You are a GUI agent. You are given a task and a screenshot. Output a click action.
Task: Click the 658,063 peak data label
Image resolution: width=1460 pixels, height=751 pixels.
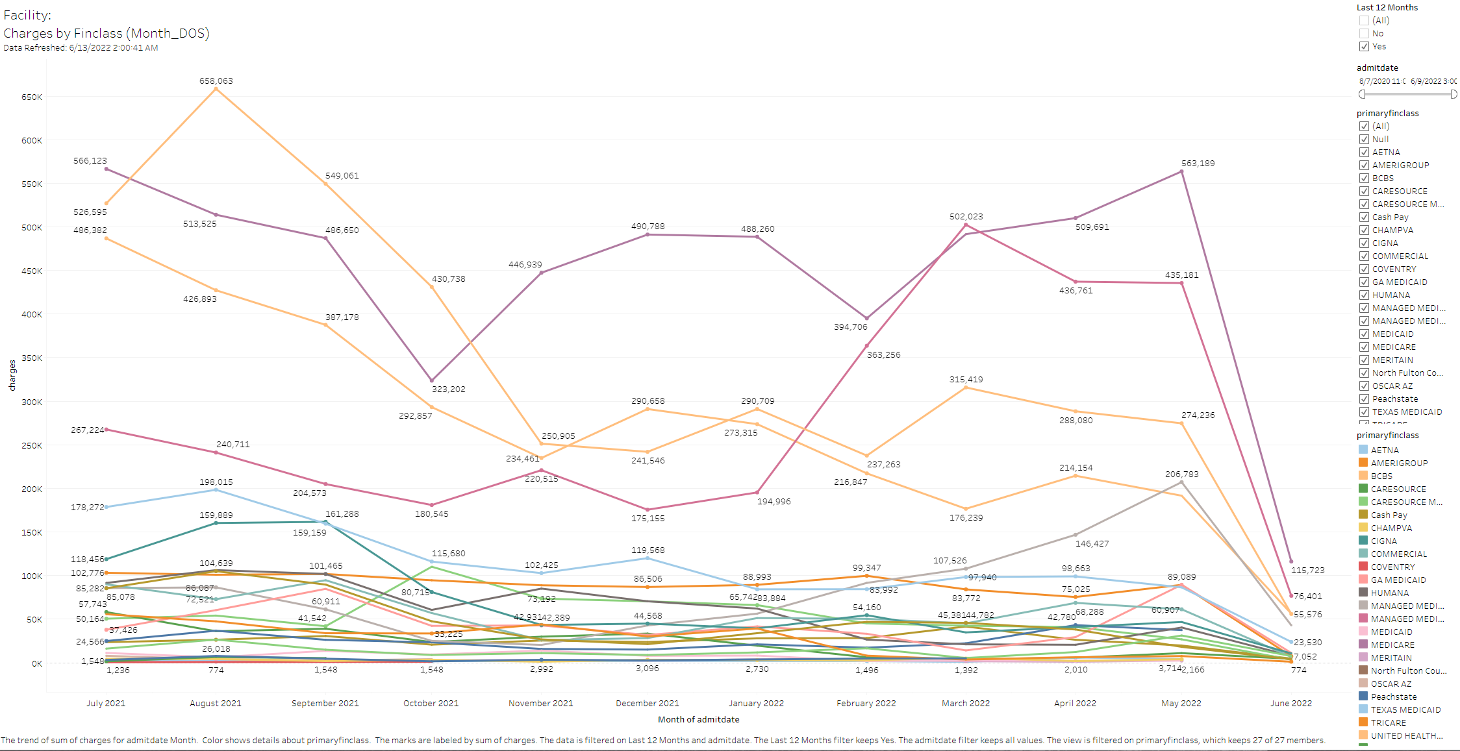click(x=216, y=81)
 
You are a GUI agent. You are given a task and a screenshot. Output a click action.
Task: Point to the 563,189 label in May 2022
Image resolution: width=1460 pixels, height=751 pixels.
click(x=1198, y=164)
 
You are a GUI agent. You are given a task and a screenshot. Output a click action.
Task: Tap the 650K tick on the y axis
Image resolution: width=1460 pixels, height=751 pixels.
click(x=32, y=97)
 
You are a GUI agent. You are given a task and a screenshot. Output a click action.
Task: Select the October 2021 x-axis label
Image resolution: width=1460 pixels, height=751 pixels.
click(x=431, y=704)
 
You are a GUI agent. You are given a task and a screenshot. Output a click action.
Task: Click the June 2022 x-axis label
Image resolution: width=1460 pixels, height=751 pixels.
click(x=1290, y=704)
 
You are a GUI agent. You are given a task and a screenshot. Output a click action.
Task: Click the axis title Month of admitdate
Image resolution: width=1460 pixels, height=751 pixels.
click(x=698, y=720)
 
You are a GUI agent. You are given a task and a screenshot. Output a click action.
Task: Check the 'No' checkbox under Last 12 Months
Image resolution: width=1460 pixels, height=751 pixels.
click(x=1364, y=34)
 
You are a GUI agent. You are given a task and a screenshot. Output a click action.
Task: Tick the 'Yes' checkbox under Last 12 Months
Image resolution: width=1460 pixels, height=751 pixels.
click(x=1364, y=47)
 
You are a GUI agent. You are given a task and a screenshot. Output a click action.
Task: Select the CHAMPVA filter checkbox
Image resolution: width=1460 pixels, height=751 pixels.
click(x=1364, y=230)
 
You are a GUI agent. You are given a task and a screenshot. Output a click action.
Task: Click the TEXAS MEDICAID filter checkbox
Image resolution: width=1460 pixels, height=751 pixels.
click(x=1364, y=412)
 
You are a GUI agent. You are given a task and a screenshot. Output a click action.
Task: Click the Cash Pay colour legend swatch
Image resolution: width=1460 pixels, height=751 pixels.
click(x=1363, y=515)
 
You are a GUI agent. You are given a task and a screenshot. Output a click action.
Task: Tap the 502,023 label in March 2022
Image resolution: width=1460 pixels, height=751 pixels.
click(x=966, y=217)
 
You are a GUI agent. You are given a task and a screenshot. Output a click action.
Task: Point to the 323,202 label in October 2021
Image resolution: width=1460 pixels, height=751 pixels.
click(x=448, y=389)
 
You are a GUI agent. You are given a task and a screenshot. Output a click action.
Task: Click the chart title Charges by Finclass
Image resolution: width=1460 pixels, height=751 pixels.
click(x=107, y=33)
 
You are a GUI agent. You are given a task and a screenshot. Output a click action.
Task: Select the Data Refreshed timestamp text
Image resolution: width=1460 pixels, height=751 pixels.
click(x=81, y=48)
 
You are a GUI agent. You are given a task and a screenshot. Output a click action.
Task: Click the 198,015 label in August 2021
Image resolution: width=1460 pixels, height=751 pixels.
click(x=216, y=482)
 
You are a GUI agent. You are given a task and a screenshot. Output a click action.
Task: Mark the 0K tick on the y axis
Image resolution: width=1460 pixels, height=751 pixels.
click(x=36, y=664)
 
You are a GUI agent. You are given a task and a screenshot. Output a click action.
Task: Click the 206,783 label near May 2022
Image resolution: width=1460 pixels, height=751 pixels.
click(x=1181, y=474)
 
